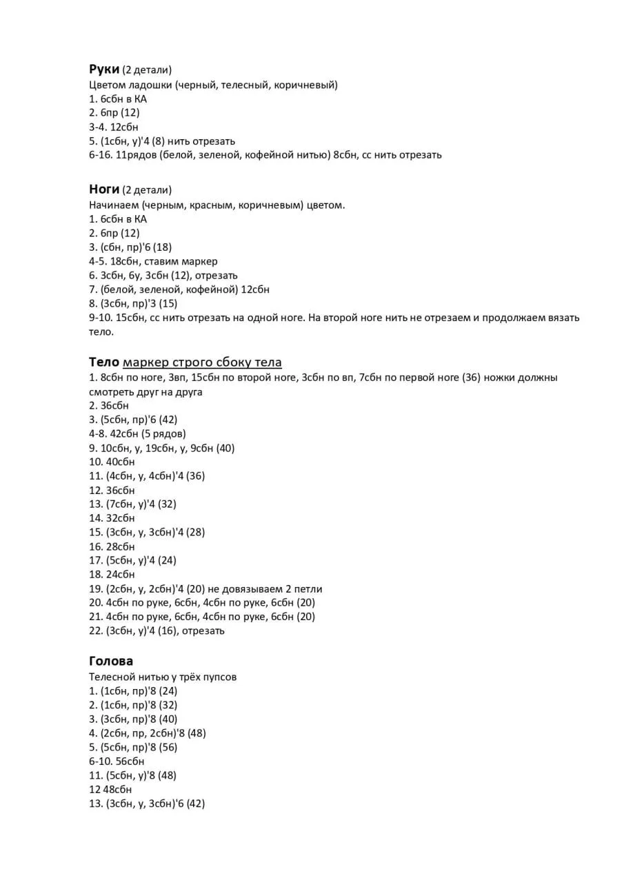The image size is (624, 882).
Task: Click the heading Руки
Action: pos(104,69)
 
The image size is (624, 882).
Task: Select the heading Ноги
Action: pos(104,189)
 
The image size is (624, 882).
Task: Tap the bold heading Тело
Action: pos(104,362)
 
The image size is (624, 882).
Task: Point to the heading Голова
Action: pos(111,661)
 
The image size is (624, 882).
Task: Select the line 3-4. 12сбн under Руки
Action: pos(114,127)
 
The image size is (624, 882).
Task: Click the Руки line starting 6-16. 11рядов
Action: pos(265,155)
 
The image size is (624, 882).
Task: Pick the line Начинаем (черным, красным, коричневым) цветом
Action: pos(217,205)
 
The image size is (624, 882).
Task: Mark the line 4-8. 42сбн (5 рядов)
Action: pos(137,433)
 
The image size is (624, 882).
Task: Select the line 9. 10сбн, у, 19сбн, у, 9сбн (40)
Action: pos(162,448)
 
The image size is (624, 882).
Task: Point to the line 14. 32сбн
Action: pos(112,518)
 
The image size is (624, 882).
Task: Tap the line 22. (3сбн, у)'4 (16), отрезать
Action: pos(157,630)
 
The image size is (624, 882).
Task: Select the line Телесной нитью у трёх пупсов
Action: pos(163,677)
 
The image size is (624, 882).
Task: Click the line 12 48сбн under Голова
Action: pos(110,790)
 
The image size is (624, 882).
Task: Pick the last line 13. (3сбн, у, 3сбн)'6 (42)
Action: pos(147,803)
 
